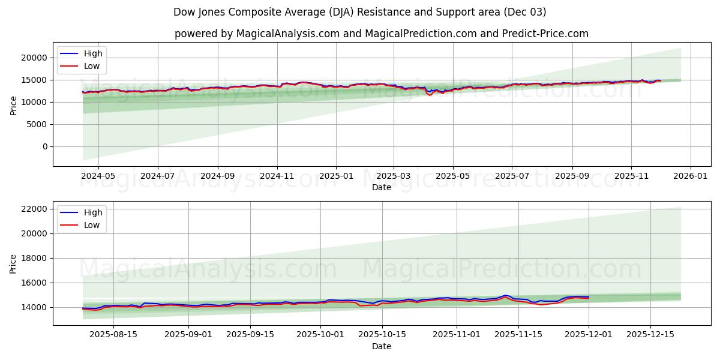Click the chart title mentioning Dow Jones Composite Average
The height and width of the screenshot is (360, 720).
(359, 12)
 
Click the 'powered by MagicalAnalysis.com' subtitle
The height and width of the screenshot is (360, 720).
(381, 34)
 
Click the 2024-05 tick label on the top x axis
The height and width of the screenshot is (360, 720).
(98, 177)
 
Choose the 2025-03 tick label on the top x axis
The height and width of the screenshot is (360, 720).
(394, 177)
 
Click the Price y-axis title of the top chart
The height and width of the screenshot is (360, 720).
(13, 105)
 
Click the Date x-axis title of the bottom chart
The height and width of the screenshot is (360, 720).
(381, 346)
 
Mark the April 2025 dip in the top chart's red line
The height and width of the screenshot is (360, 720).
(430, 95)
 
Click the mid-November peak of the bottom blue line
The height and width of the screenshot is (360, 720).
(505, 295)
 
